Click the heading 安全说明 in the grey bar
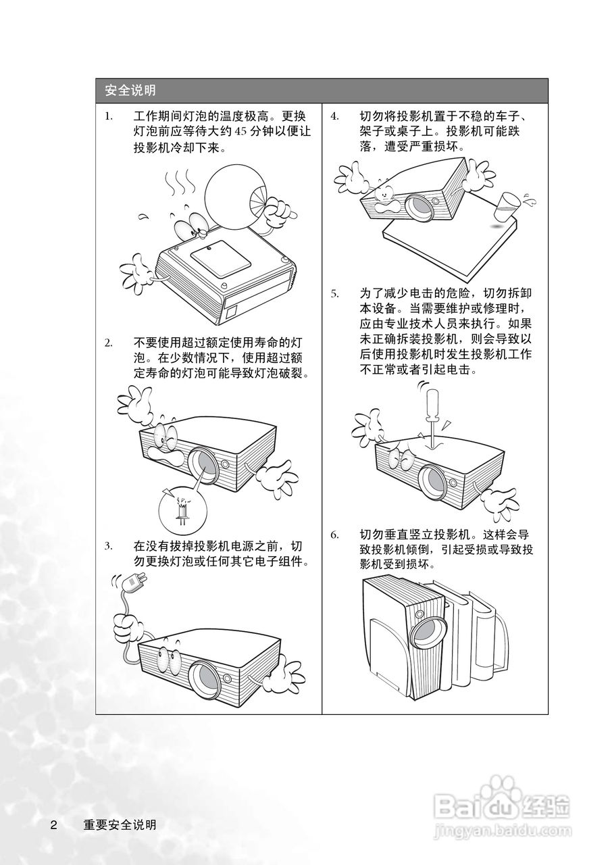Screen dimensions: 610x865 tap(130, 91)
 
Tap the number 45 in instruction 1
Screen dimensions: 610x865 tap(240, 132)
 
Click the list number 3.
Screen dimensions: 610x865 tap(109, 546)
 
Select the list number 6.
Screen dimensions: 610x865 tap(335, 535)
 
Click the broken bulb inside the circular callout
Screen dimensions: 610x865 tap(181, 509)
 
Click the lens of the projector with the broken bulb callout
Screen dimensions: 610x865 tap(204, 465)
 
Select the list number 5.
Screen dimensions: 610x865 tap(335, 294)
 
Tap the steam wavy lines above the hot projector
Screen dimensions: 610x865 tap(178, 182)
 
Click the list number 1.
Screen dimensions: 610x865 tap(109, 117)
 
